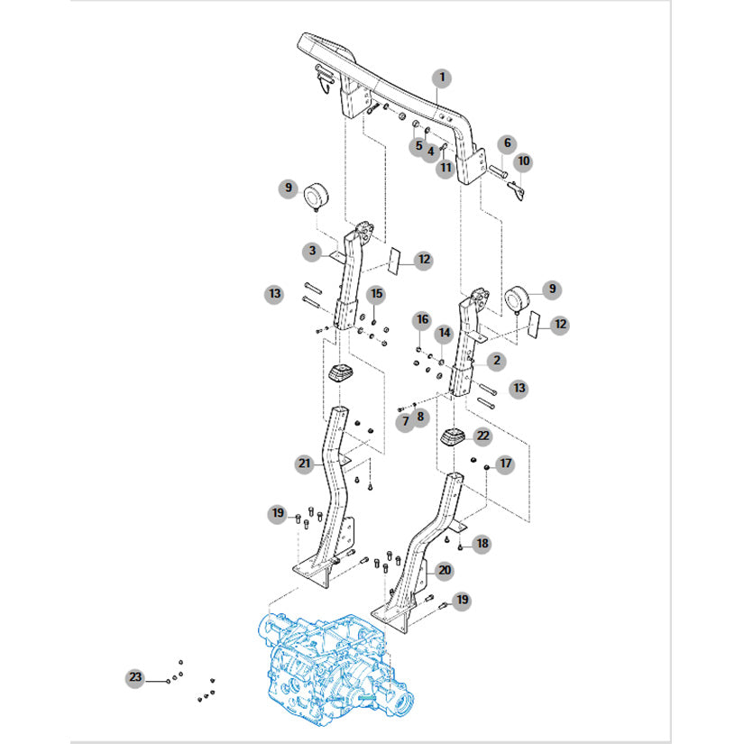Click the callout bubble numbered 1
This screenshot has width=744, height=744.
coord(442,78)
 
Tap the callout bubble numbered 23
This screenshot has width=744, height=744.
coord(135,676)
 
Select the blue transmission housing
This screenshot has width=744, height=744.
coord(335,670)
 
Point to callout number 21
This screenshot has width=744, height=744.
coord(304,464)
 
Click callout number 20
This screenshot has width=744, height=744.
coord(445,570)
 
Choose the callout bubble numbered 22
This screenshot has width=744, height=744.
coord(482,436)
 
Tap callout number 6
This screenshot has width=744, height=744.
coord(507,142)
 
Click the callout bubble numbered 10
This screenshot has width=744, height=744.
coord(523,161)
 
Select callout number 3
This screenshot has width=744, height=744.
coord(312,251)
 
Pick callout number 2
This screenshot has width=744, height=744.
coord(496,360)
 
